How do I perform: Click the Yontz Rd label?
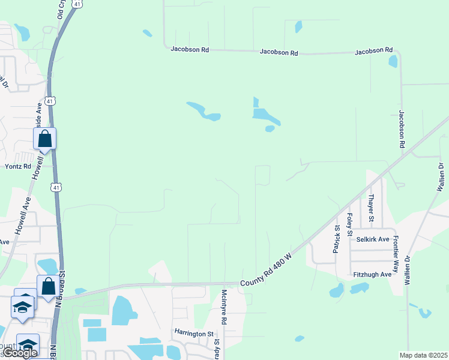point(18,166)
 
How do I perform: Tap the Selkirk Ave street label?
point(370,239)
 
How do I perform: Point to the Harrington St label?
point(194,332)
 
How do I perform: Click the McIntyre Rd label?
point(224,307)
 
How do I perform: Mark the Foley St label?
point(350,224)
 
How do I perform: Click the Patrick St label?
point(337,239)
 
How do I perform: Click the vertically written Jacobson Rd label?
point(402,129)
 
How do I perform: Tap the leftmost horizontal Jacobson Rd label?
point(189,49)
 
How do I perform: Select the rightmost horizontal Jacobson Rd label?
point(373,52)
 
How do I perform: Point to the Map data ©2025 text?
point(423,355)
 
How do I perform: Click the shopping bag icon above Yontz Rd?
point(45,139)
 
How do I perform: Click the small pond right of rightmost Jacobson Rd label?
point(393,61)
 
